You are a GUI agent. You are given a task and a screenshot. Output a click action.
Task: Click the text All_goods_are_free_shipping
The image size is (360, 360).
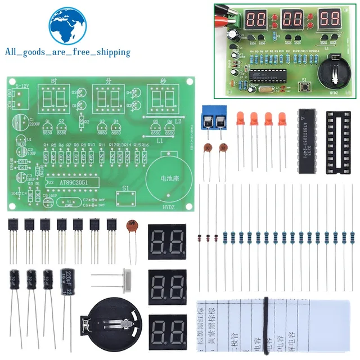(x=67, y=52)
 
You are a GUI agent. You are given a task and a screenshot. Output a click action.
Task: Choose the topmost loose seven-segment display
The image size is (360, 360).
(x=167, y=241)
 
